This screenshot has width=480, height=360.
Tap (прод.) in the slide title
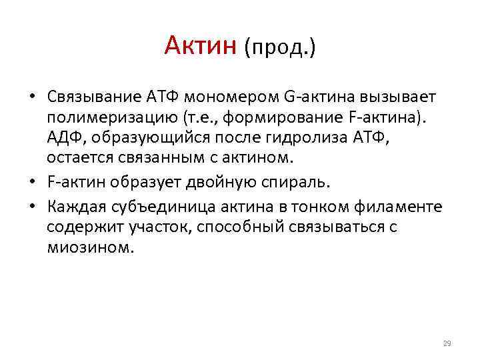(x=280, y=47)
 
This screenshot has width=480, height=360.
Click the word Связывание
(x=93, y=98)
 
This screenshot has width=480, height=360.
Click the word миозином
(x=91, y=247)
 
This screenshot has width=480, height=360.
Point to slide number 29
(x=447, y=343)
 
